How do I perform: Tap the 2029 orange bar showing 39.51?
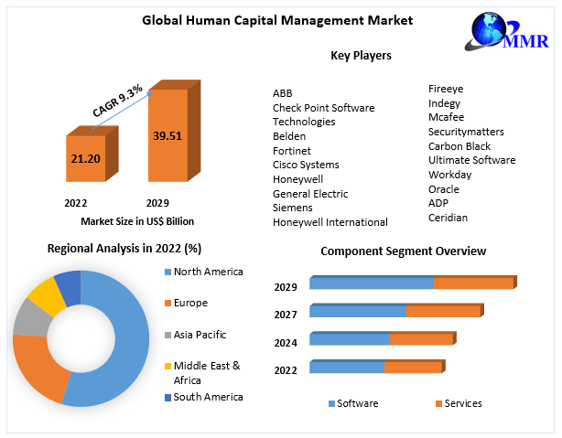coord(167,137)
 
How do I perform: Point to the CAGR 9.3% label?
coord(117,101)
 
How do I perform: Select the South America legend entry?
coord(208,397)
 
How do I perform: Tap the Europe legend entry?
coord(190,303)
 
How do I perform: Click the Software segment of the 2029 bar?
coord(371,283)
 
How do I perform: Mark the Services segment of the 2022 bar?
coord(413,368)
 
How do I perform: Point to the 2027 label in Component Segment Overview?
coord(286,315)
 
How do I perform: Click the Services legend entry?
coord(462,403)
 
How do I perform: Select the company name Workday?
coord(449,175)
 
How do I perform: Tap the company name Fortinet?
coord(292,150)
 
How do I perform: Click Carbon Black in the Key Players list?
coord(459,146)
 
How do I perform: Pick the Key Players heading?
coord(361,56)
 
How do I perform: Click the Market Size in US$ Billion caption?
coord(137,221)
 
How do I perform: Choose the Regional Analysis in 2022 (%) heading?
coord(124,248)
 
